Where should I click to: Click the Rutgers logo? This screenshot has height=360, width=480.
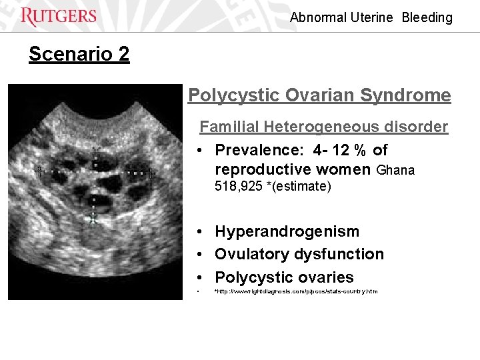coord(59,17)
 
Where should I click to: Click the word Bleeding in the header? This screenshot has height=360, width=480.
coord(427,17)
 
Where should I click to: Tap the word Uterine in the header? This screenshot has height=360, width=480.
coord(371,17)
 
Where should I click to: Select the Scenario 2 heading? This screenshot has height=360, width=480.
coord(79,54)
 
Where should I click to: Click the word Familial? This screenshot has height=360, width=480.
coord(229,127)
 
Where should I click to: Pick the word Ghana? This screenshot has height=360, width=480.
coord(395,170)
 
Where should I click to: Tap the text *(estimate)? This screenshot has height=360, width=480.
coord(297,186)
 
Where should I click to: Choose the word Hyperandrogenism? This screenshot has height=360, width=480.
coord(287,231)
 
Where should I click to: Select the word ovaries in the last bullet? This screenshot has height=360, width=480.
coord(327,277)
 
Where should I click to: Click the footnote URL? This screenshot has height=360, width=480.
coord(295,291)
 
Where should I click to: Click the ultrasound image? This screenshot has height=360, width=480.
coord(95,192)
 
